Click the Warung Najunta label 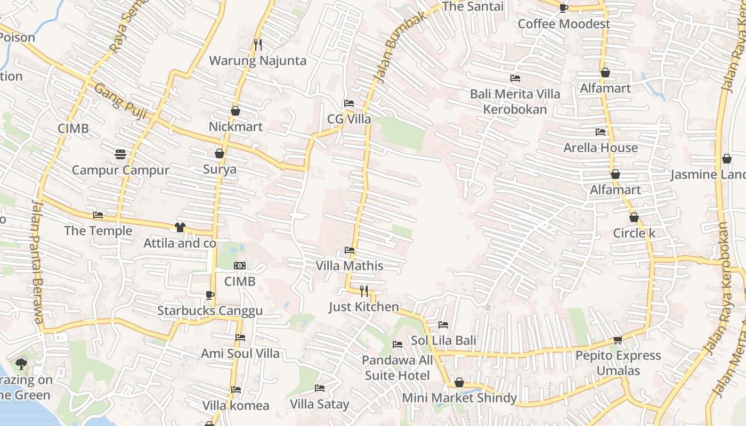pyautogui.click(x=257, y=61)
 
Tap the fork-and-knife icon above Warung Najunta pyautogui.click(x=258, y=45)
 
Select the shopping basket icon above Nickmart pyautogui.click(x=236, y=111)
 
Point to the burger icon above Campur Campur pyautogui.click(x=120, y=154)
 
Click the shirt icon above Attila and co pyautogui.click(x=180, y=227)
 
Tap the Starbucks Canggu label pyautogui.click(x=209, y=311)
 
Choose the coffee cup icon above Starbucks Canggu pyautogui.click(x=210, y=295)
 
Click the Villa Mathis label pyautogui.click(x=349, y=266)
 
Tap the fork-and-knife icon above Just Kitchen pyautogui.click(x=364, y=291)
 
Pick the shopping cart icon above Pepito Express pyautogui.click(x=618, y=340)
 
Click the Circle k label pyautogui.click(x=634, y=233)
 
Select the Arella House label pyautogui.click(x=601, y=148)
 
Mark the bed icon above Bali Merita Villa pyautogui.click(x=515, y=78)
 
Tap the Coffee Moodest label pyautogui.click(x=564, y=24)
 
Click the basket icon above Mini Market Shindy pyautogui.click(x=459, y=382)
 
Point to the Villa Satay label pyautogui.click(x=319, y=404)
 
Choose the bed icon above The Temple pyautogui.click(x=98, y=215)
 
